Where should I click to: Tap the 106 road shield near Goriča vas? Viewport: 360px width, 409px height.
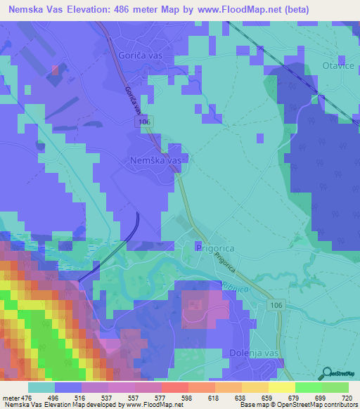click(144, 122)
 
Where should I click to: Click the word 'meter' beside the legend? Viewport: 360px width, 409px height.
click(10, 397)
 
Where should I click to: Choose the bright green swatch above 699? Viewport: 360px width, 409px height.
click(308, 387)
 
